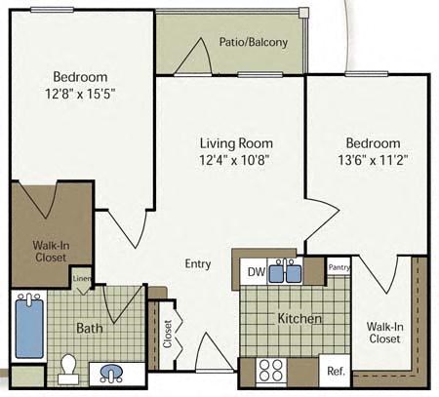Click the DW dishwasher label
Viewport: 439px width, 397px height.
click(x=255, y=272)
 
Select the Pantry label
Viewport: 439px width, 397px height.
click(x=339, y=266)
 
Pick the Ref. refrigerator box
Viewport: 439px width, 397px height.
click(x=336, y=372)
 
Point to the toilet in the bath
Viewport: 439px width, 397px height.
click(x=68, y=367)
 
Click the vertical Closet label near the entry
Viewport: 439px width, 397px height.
click(x=167, y=334)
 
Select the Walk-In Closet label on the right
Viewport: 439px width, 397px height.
click(x=385, y=333)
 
